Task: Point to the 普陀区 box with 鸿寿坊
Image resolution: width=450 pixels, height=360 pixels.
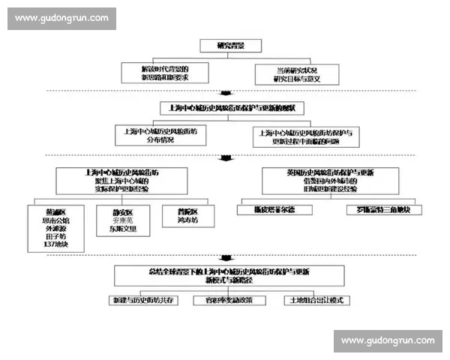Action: (x=189, y=216)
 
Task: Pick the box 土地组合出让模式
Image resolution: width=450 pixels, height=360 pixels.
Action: (x=316, y=300)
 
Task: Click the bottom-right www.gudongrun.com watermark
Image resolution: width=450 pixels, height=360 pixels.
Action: (x=387, y=340)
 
